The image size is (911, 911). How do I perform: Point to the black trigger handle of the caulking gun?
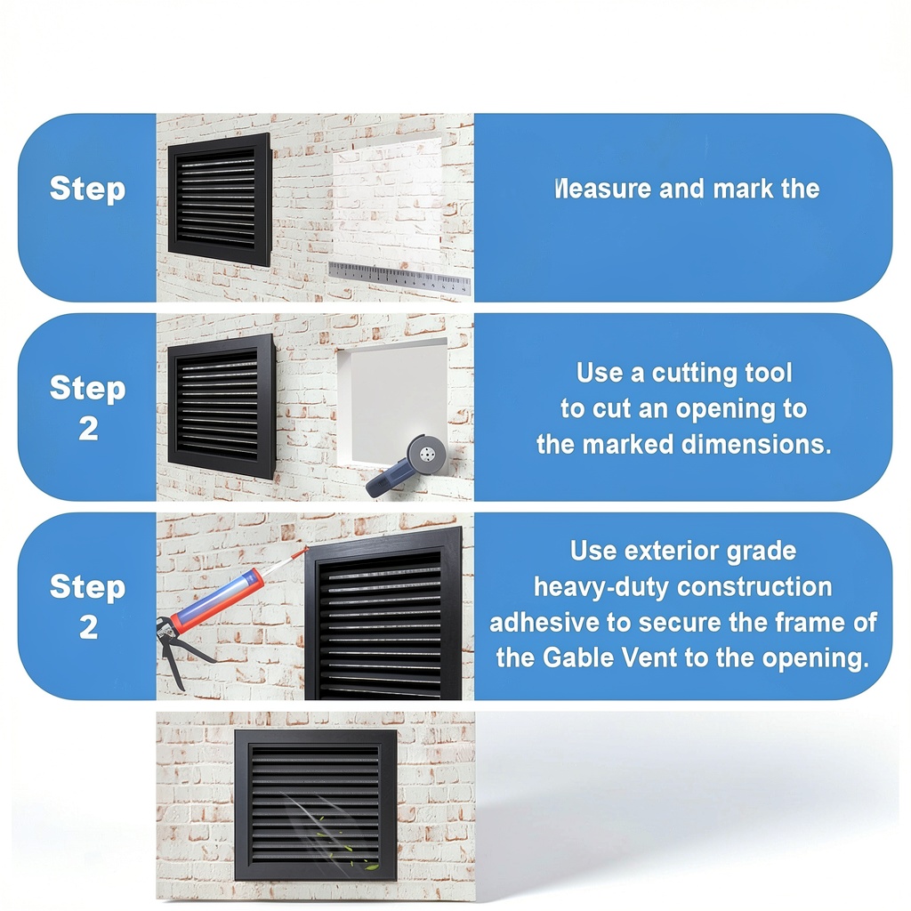[x=174, y=662]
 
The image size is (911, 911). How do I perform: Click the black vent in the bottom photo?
[x=316, y=804]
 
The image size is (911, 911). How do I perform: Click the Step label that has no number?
[x=87, y=189]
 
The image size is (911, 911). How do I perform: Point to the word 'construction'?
[x=754, y=587]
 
